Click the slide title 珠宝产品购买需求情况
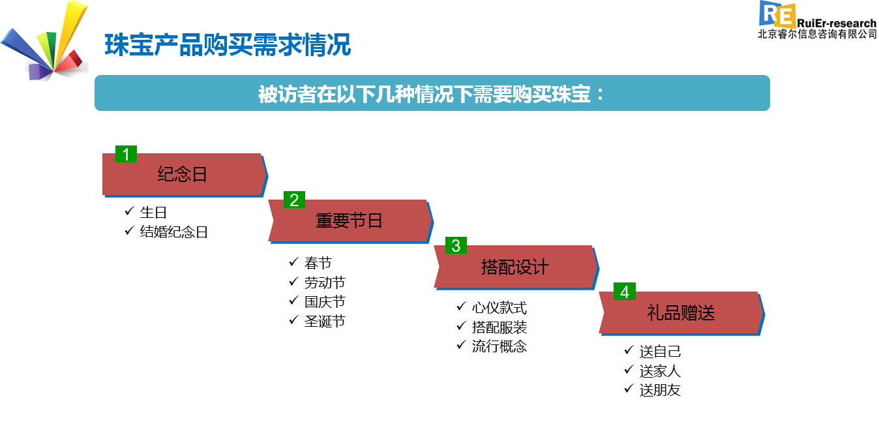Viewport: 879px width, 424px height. point(228,45)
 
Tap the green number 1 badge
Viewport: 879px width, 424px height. point(126,154)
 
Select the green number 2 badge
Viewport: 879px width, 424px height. point(294,200)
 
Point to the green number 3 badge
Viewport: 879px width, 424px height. point(456,245)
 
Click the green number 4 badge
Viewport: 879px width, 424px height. point(625,292)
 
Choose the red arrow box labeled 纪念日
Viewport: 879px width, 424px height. point(185,175)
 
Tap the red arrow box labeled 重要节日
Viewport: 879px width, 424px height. point(350,221)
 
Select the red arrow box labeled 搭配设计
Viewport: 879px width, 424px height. point(516,267)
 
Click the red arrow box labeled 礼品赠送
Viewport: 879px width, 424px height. point(681,313)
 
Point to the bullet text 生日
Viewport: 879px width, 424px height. point(153,213)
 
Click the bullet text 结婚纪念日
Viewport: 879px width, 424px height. point(174,232)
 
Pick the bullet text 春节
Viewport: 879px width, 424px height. point(318,263)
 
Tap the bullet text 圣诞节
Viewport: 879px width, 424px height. point(325,321)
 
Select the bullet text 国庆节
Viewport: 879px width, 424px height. point(325,302)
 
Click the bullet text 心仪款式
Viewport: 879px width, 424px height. point(499,308)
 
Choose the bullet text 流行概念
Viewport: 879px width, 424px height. point(499,346)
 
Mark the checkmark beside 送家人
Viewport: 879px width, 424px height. point(629,369)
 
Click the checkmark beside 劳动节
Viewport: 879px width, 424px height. point(293,281)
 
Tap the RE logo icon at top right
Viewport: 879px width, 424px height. point(777,14)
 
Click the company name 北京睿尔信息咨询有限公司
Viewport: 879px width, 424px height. point(817,34)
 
